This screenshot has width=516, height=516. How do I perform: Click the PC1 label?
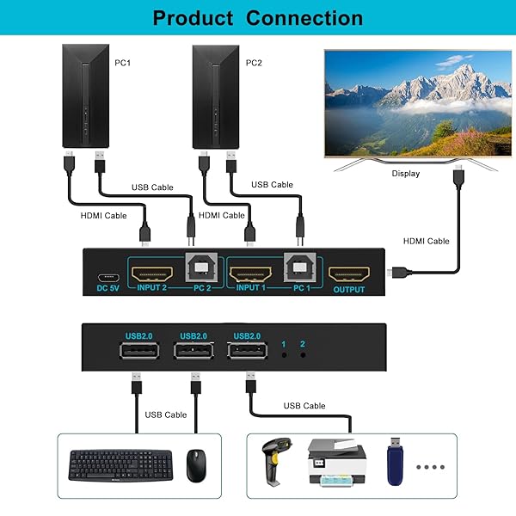click(124, 62)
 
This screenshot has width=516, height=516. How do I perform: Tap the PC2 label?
click(255, 62)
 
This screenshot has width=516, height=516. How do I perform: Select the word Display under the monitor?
click(406, 173)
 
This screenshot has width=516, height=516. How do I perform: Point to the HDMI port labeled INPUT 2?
click(151, 275)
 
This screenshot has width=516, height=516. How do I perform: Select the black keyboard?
click(121, 466)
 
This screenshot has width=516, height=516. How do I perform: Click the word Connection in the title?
click(304, 18)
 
